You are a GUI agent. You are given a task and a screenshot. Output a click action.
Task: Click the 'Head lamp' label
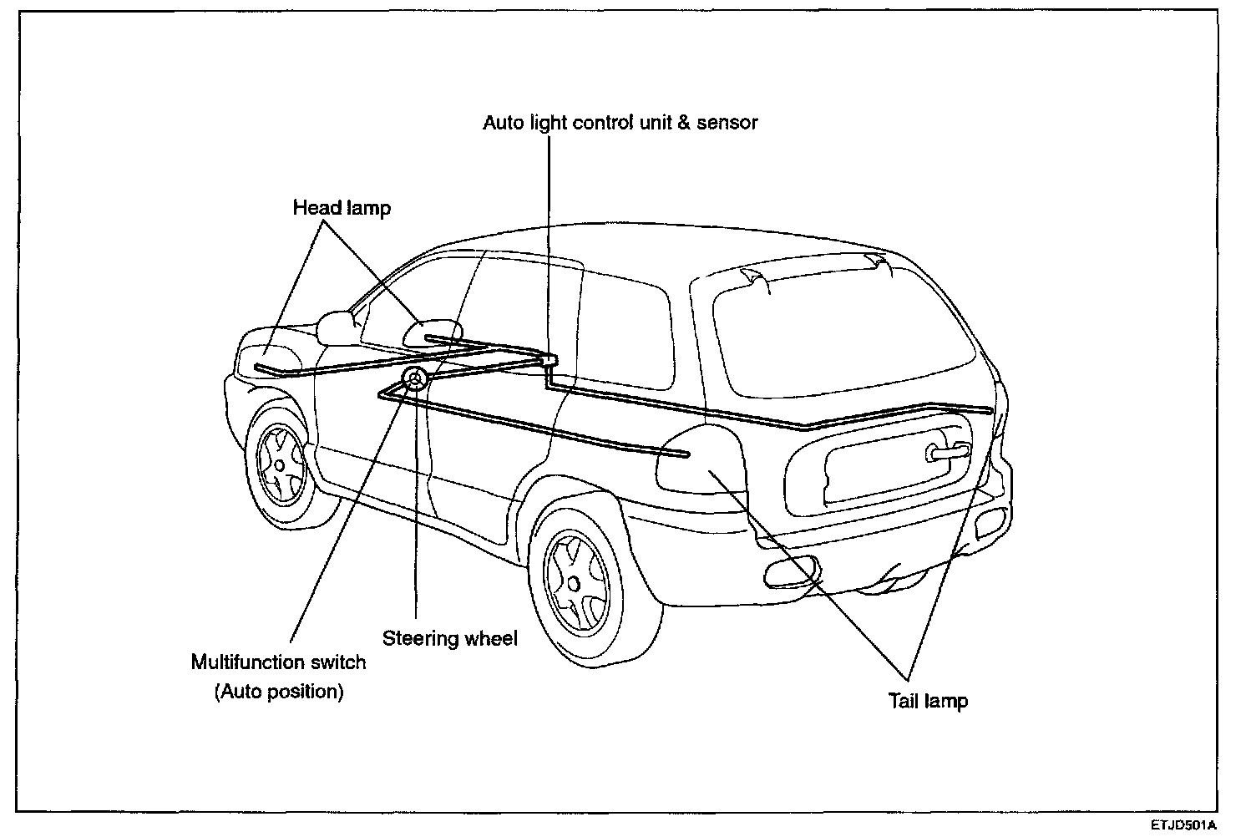point(342,207)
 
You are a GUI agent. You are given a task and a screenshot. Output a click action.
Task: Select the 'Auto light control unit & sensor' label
point(620,123)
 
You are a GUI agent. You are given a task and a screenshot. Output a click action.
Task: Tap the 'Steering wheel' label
point(449,639)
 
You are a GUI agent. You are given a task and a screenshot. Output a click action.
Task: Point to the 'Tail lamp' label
point(928,701)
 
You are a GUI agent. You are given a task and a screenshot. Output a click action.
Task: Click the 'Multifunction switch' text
point(278,663)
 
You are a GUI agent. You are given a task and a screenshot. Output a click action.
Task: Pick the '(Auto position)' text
point(278,692)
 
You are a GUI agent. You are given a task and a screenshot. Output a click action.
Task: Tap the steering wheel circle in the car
point(415,379)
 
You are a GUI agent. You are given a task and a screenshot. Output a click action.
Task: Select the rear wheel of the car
point(575,576)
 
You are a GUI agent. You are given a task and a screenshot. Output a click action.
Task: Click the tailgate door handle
point(945,452)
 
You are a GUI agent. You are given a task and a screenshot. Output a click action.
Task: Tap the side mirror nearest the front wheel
point(337,327)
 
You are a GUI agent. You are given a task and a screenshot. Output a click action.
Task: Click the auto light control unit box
point(549,359)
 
